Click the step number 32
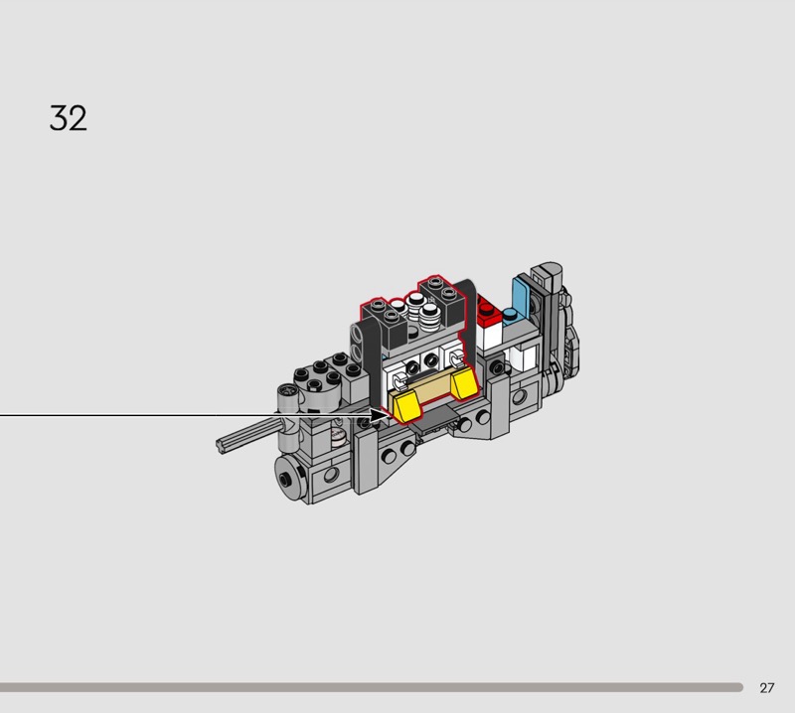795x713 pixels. (68, 118)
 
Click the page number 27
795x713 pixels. (766, 687)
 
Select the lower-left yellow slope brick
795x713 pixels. (405, 407)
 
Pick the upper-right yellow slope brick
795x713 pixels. (464, 381)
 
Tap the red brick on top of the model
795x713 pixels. (489, 309)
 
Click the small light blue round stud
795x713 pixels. (510, 314)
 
